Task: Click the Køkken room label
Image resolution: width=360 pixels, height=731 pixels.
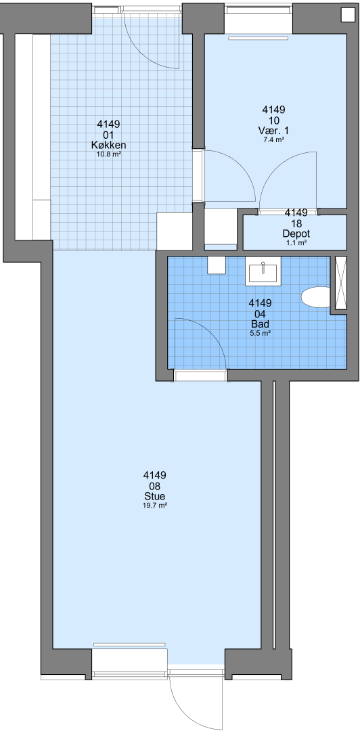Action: pyautogui.click(x=109, y=146)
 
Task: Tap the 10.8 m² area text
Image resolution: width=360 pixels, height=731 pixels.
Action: pyautogui.click(x=109, y=154)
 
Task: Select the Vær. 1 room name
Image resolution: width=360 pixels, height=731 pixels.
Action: pyautogui.click(x=273, y=131)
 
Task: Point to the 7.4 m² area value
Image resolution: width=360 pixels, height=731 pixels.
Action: pyautogui.click(x=273, y=139)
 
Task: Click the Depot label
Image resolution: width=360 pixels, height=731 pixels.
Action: pyautogui.click(x=296, y=234)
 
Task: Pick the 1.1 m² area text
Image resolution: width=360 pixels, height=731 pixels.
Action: pyautogui.click(x=296, y=242)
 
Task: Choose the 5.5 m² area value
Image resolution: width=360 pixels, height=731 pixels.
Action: pyautogui.click(x=261, y=333)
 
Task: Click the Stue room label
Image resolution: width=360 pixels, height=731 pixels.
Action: pyautogui.click(x=155, y=496)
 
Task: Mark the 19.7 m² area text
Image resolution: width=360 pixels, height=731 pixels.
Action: pyautogui.click(x=155, y=505)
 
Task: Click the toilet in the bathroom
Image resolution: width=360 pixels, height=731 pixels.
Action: pyautogui.click(x=316, y=297)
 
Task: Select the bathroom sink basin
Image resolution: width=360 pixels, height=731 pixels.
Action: pyautogui.click(x=263, y=273)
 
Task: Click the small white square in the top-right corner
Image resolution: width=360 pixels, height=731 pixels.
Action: pyautogui.click(x=347, y=15)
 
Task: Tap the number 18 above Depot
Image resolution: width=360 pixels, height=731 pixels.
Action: pyautogui.click(x=296, y=223)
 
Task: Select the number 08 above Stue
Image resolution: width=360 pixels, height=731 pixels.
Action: pyautogui.click(x=155, y=486)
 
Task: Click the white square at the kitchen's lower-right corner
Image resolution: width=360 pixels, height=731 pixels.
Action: pyautogui.click(x=175, y=231)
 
